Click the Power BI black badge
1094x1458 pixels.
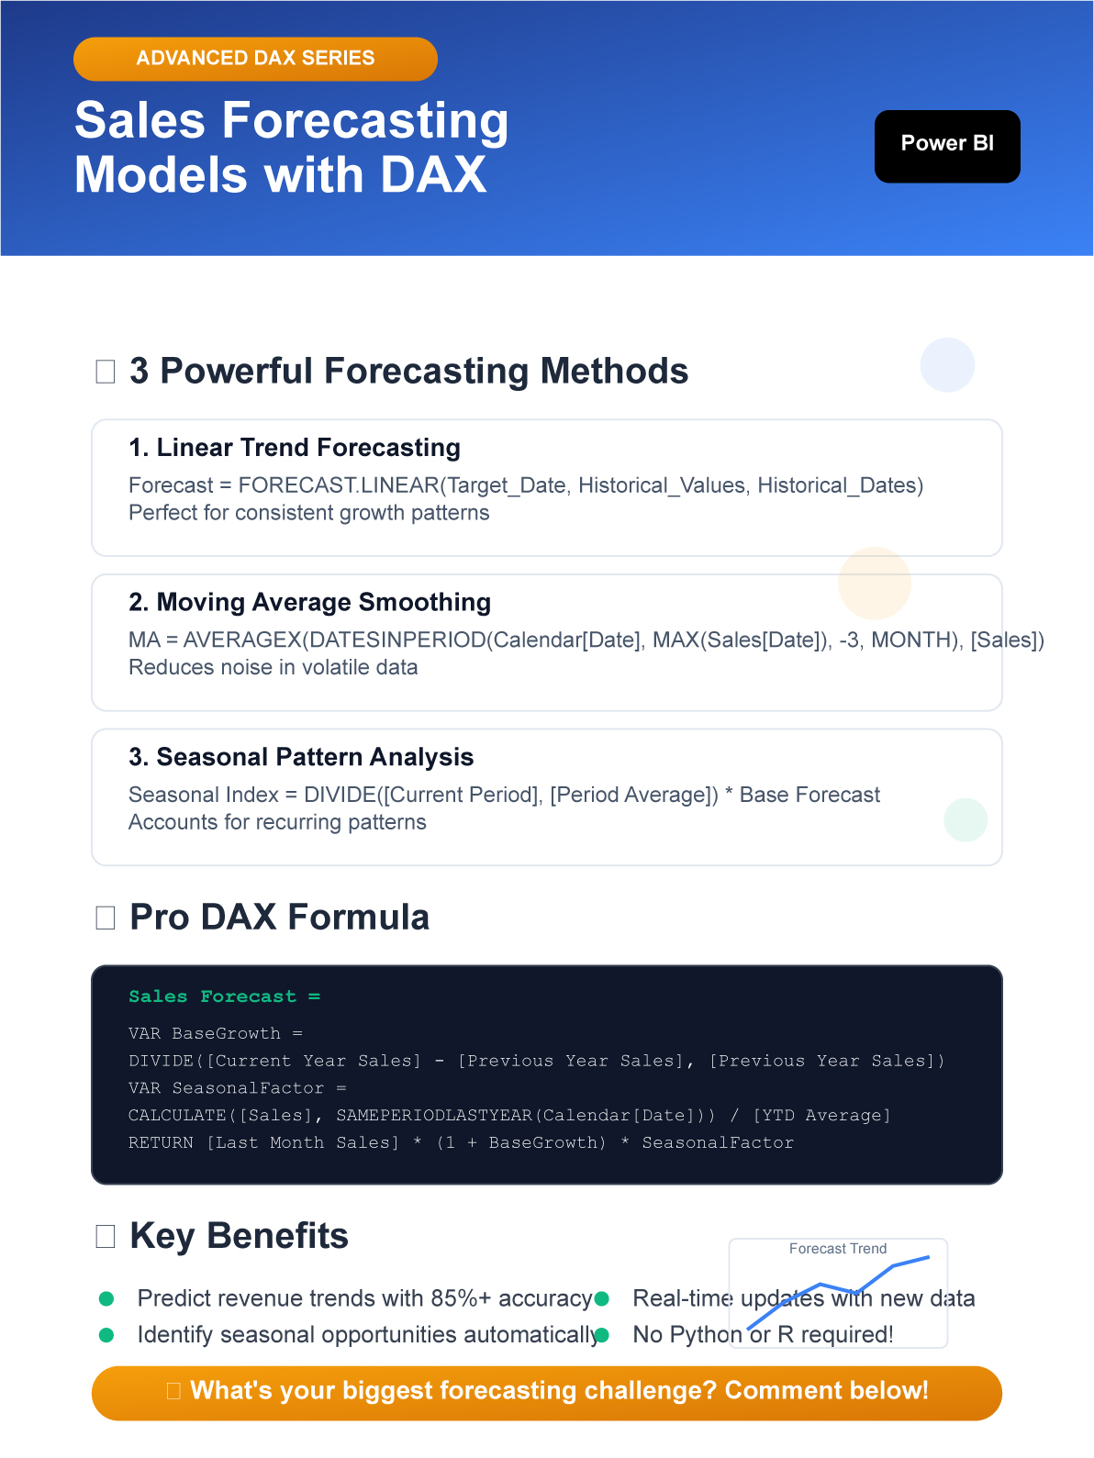[x=946, y=146]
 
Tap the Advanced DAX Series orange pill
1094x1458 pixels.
[x=255, y=59]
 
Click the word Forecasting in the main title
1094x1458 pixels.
[x=365, y=120]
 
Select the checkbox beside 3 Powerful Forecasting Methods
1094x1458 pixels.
[x=105, y=372]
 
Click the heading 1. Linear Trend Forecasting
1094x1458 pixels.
[x=295, y=447]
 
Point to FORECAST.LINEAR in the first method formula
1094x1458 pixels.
[x=339, y=484]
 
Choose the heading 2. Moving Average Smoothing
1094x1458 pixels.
[x=309, y=602]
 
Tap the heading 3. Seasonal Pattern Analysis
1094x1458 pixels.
[x=301, y=757]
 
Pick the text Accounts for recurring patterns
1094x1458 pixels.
[x=277, y=821]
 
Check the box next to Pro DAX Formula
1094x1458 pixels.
[x=105, y=918]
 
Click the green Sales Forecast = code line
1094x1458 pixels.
[x=225, y=996]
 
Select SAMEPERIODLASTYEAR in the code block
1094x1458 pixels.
[x=434, y=1115]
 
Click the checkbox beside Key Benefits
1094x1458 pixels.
[x=105, y=1236]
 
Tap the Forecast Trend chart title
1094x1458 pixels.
[x=838, y=1248]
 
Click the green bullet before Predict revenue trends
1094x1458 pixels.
[x=106, y=1298]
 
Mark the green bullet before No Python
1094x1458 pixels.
[x=602, y=1334]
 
